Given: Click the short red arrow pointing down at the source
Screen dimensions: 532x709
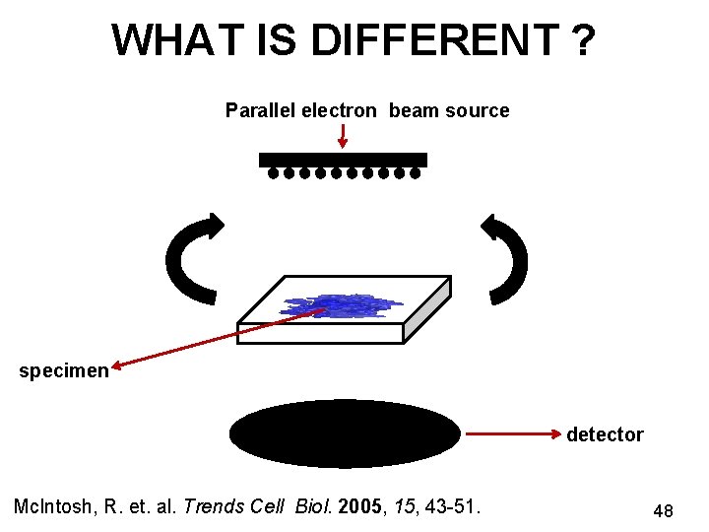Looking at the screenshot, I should [342, 137].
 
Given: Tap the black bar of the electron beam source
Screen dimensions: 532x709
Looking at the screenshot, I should [343, 159].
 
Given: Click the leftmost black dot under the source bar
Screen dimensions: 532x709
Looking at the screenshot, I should [274, 174].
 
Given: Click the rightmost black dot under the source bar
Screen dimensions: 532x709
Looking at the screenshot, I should [415, 174].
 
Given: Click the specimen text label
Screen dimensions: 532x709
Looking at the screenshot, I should [64, 371].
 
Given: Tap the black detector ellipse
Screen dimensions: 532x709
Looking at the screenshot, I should [345, 432].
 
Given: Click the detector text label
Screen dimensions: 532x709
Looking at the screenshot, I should [605, 434].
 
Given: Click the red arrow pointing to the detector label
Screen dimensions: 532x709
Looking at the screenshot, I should [512, 433].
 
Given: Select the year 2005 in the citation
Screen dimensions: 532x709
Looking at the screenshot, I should [354, 506].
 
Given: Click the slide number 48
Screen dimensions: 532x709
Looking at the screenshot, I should [663, 510].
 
